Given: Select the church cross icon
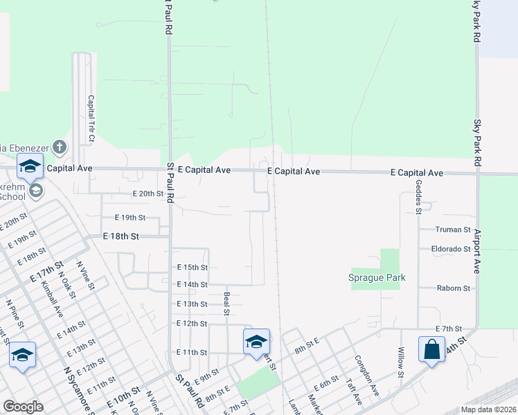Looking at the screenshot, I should (60, 147).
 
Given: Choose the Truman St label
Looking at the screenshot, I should (453, 229).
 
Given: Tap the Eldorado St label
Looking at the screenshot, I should (451, 248).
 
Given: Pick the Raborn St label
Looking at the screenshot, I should (453, 288).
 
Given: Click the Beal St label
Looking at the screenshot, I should (226, 303).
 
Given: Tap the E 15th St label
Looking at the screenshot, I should (192, 267).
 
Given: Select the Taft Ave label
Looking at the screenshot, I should (354, 395).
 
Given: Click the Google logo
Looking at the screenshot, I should (23, 407).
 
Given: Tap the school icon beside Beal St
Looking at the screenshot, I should (256, 340).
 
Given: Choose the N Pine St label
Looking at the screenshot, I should (15, 312).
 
